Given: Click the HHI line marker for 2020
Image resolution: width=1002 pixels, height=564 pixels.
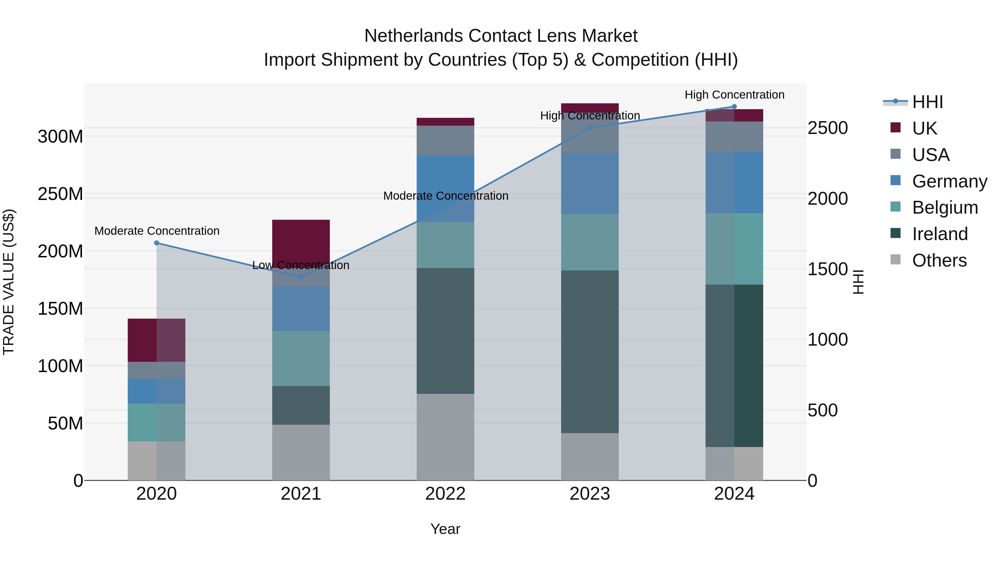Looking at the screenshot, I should pos(156,243).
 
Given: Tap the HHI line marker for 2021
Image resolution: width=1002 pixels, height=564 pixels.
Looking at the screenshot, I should pos(301,277).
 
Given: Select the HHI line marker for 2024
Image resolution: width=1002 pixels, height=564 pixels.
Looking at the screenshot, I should pos(734,107).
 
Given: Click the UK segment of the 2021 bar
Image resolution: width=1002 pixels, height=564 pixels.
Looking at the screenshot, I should pos(301,241).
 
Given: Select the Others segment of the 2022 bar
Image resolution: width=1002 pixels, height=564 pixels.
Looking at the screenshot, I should pos(445,437).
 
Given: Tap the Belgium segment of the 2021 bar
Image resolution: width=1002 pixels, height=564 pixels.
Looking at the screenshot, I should pos(301,358).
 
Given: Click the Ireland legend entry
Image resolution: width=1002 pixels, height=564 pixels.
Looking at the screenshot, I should pos(939,234).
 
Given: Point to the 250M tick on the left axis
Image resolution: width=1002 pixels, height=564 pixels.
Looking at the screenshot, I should pos(60,194).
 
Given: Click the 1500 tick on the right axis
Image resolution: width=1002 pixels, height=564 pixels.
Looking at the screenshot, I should pos(827,269).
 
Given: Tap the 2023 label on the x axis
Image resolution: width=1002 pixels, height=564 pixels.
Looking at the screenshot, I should pos(590,494).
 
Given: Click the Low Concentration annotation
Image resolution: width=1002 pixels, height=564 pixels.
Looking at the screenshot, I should pos(301,265).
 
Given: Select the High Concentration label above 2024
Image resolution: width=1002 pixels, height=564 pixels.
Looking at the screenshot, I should pos(734,95).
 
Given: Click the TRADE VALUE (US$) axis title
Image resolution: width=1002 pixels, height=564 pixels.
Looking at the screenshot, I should pos(9,282).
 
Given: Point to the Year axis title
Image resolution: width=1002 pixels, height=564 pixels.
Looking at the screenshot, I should pos(445,529).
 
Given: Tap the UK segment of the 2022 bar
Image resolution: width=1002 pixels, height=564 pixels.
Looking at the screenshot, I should pos(445,121).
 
